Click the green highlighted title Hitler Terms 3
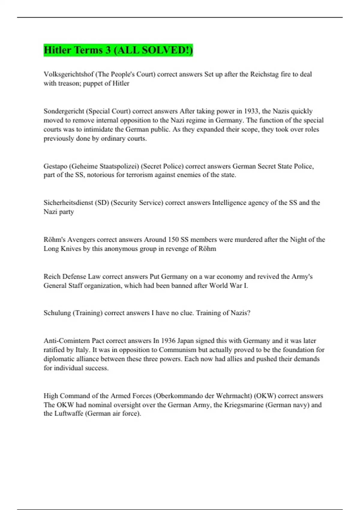pos(118,50)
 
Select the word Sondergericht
pos(64,111)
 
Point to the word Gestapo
pos(55,166)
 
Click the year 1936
pos(168,341)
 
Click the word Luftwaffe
pos(68,414)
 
